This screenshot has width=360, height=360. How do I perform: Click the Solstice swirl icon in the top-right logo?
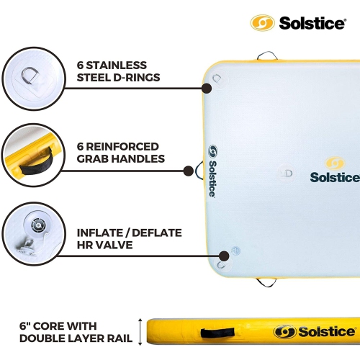point(263,22)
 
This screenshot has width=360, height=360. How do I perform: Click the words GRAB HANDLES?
point(120,158)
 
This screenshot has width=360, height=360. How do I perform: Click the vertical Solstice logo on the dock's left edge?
point(212,171)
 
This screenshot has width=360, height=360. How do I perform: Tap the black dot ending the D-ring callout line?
point(207,88)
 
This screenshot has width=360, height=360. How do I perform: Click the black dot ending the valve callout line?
point(224,253)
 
